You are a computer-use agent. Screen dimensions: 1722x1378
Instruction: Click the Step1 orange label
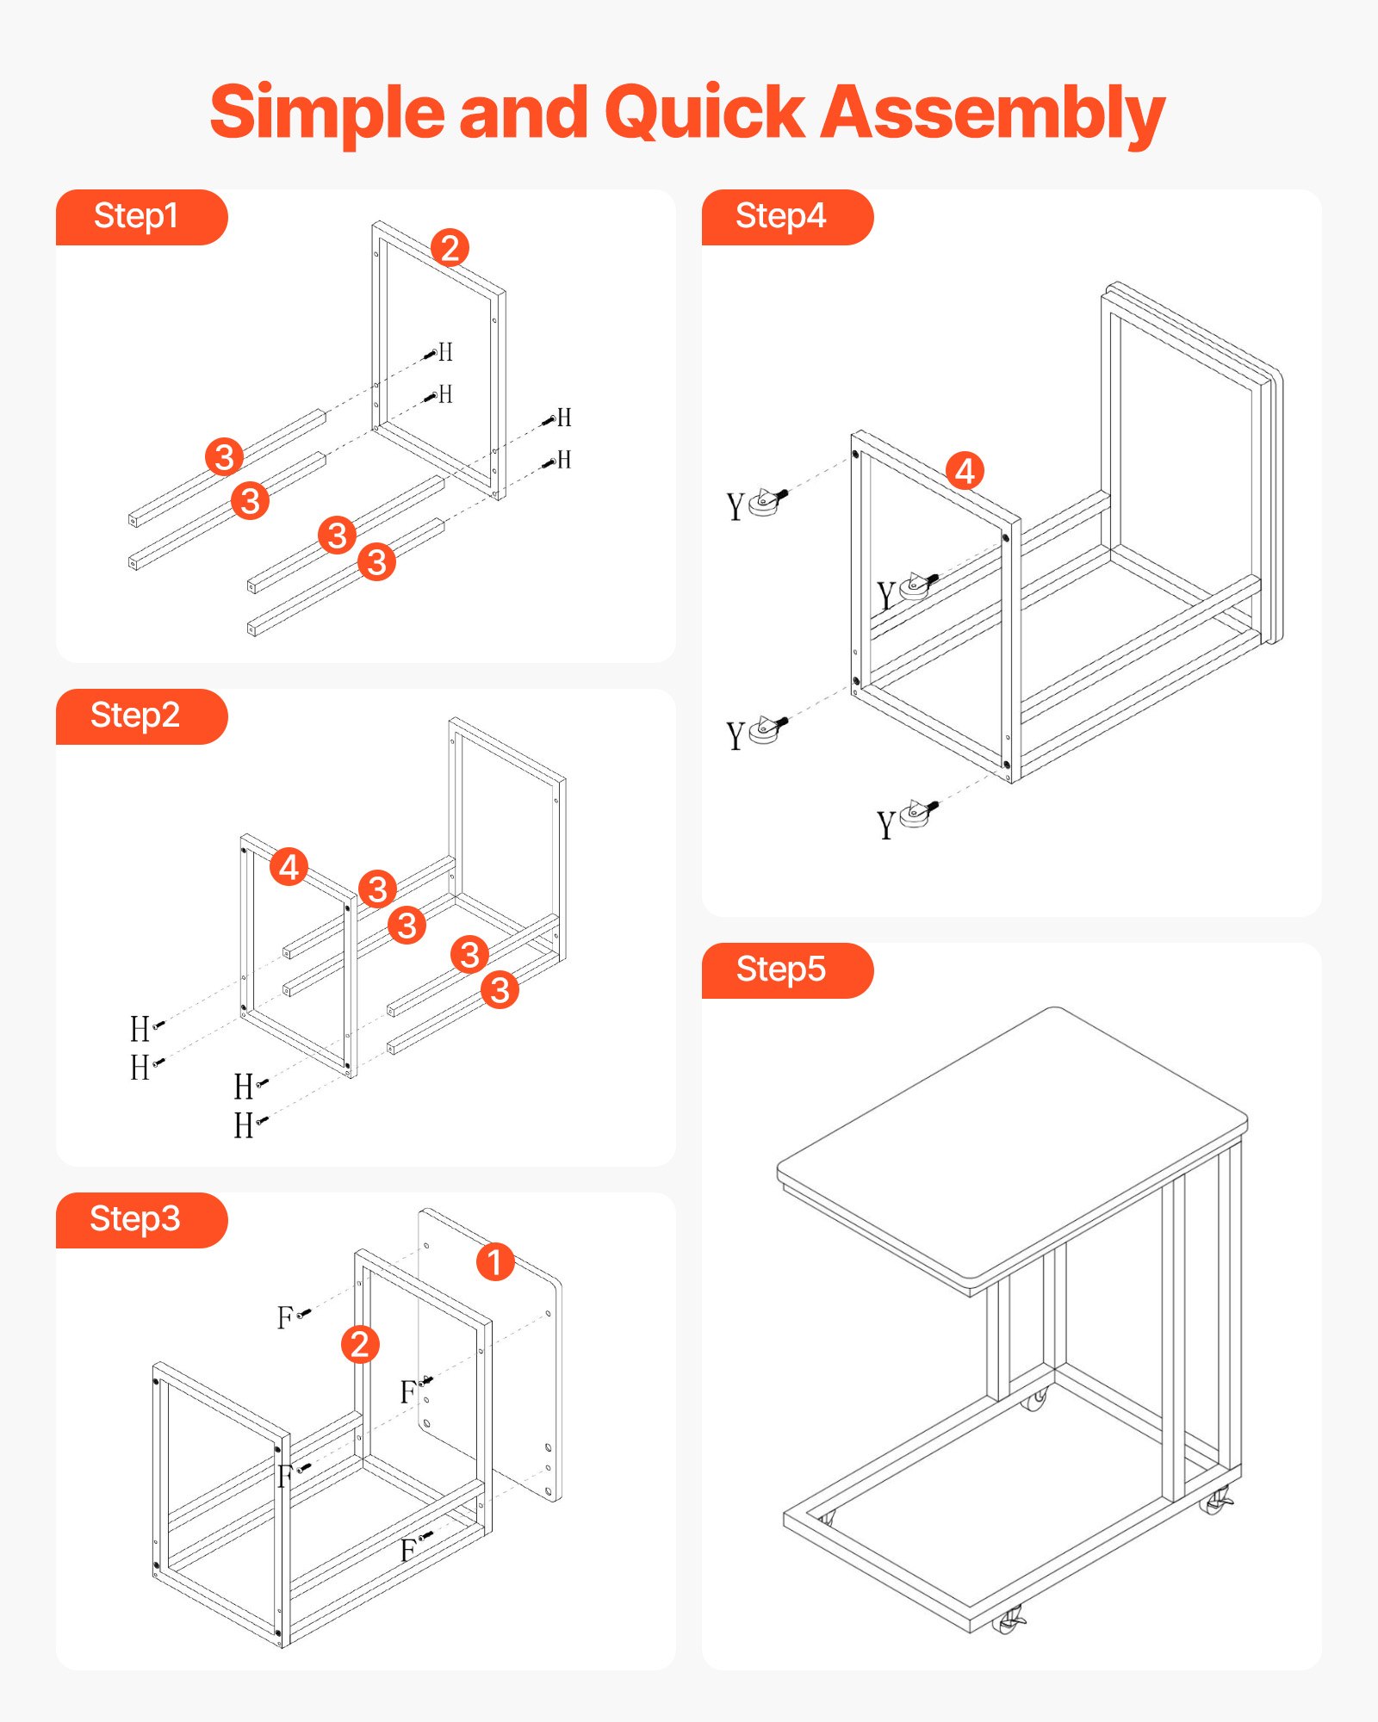click(138, 217)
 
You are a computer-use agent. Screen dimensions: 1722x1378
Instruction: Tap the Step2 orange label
click(138, 716)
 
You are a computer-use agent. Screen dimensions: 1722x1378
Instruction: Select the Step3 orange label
click(138, 1220)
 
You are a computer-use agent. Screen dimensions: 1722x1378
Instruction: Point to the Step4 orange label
click(784, 217)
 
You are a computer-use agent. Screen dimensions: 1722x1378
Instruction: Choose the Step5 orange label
click(784, 970)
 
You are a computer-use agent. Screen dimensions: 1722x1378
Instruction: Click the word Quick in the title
click(705, 114)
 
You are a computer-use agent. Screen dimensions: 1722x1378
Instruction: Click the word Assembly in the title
click(992, 114)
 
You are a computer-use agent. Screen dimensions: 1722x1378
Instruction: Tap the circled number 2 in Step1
click(450, 248)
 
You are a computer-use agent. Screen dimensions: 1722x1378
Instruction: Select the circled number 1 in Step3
click(495, 1262)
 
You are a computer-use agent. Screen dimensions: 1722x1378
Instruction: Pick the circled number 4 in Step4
click(965, 471)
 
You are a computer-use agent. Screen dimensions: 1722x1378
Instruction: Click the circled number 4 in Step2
click(289, 867)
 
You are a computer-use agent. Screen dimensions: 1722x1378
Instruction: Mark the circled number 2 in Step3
click(360, 1345)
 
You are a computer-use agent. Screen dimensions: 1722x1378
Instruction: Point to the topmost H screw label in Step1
click(445, 352)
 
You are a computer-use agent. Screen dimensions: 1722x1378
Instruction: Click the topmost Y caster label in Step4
click(735, 507)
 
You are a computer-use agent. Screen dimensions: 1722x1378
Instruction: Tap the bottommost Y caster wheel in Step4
click(916, 814)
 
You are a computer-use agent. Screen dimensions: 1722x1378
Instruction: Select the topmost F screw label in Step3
click(285, 1317)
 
